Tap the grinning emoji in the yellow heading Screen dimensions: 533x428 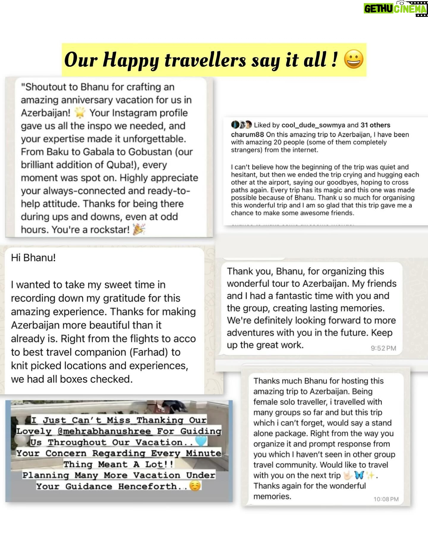click(353, 60)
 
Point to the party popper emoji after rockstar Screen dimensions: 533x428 click(139, 229)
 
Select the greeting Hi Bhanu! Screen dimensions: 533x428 click(33, 258)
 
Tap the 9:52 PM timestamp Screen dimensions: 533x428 click(383, 348)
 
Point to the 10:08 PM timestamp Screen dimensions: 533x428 click(386, 499)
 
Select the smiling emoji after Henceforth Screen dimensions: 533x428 click(195, 486)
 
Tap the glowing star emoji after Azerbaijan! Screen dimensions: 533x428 click(80, 113)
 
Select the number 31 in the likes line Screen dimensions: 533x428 click(365, 125)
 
